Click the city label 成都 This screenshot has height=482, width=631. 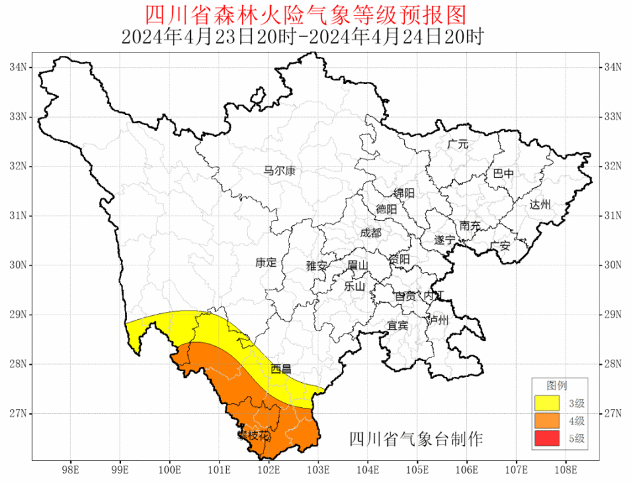[370, 232]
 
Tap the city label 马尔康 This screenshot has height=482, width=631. [279, 171]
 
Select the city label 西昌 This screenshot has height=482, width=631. [281, 369]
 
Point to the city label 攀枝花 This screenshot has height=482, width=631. [254, 435]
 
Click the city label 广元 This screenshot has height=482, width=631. [457, 144]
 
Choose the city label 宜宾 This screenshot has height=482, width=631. [397, 325]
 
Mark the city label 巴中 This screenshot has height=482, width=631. [503, 174]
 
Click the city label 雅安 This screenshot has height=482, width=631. [316, 265]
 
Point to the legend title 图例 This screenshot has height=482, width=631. [558, 385]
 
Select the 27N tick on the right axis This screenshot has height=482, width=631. [613, 413]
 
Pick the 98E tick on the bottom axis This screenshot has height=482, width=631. [70, 470]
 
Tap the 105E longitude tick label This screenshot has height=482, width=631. [417, 470]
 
